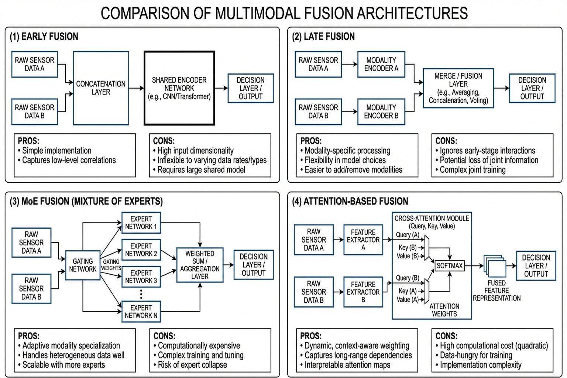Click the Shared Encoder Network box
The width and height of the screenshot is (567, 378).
click(x=179, y=88)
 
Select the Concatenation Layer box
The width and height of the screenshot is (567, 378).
click(x=101, y=88)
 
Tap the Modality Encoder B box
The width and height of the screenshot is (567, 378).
click(x=381, y=111)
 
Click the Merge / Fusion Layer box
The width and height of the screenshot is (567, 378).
click(x=458, y=88)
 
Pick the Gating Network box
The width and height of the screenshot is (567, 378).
click(x=83, y=265)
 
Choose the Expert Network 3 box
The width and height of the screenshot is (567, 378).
click(x=141, y=277)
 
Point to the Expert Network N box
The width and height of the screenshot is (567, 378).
click(x=141, y=312)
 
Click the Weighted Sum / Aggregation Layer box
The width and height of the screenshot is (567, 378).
click(x=200, y=265)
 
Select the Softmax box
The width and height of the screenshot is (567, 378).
click(x=449, y=266)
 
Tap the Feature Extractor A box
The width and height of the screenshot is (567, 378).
click(x=363, y=240)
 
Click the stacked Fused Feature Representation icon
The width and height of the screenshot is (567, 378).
click(x=495, y=266)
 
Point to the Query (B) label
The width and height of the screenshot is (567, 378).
click(x=408, y=278)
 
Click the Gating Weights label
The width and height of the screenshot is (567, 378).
click(x=111, y=265)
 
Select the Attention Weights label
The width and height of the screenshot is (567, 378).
click(x=444, y=310)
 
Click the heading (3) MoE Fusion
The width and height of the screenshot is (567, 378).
click(x=86, y=202)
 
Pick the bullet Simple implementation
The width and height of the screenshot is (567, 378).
click(x=56, y=151)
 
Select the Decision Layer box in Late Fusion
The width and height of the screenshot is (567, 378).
click(x=532, y=88)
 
